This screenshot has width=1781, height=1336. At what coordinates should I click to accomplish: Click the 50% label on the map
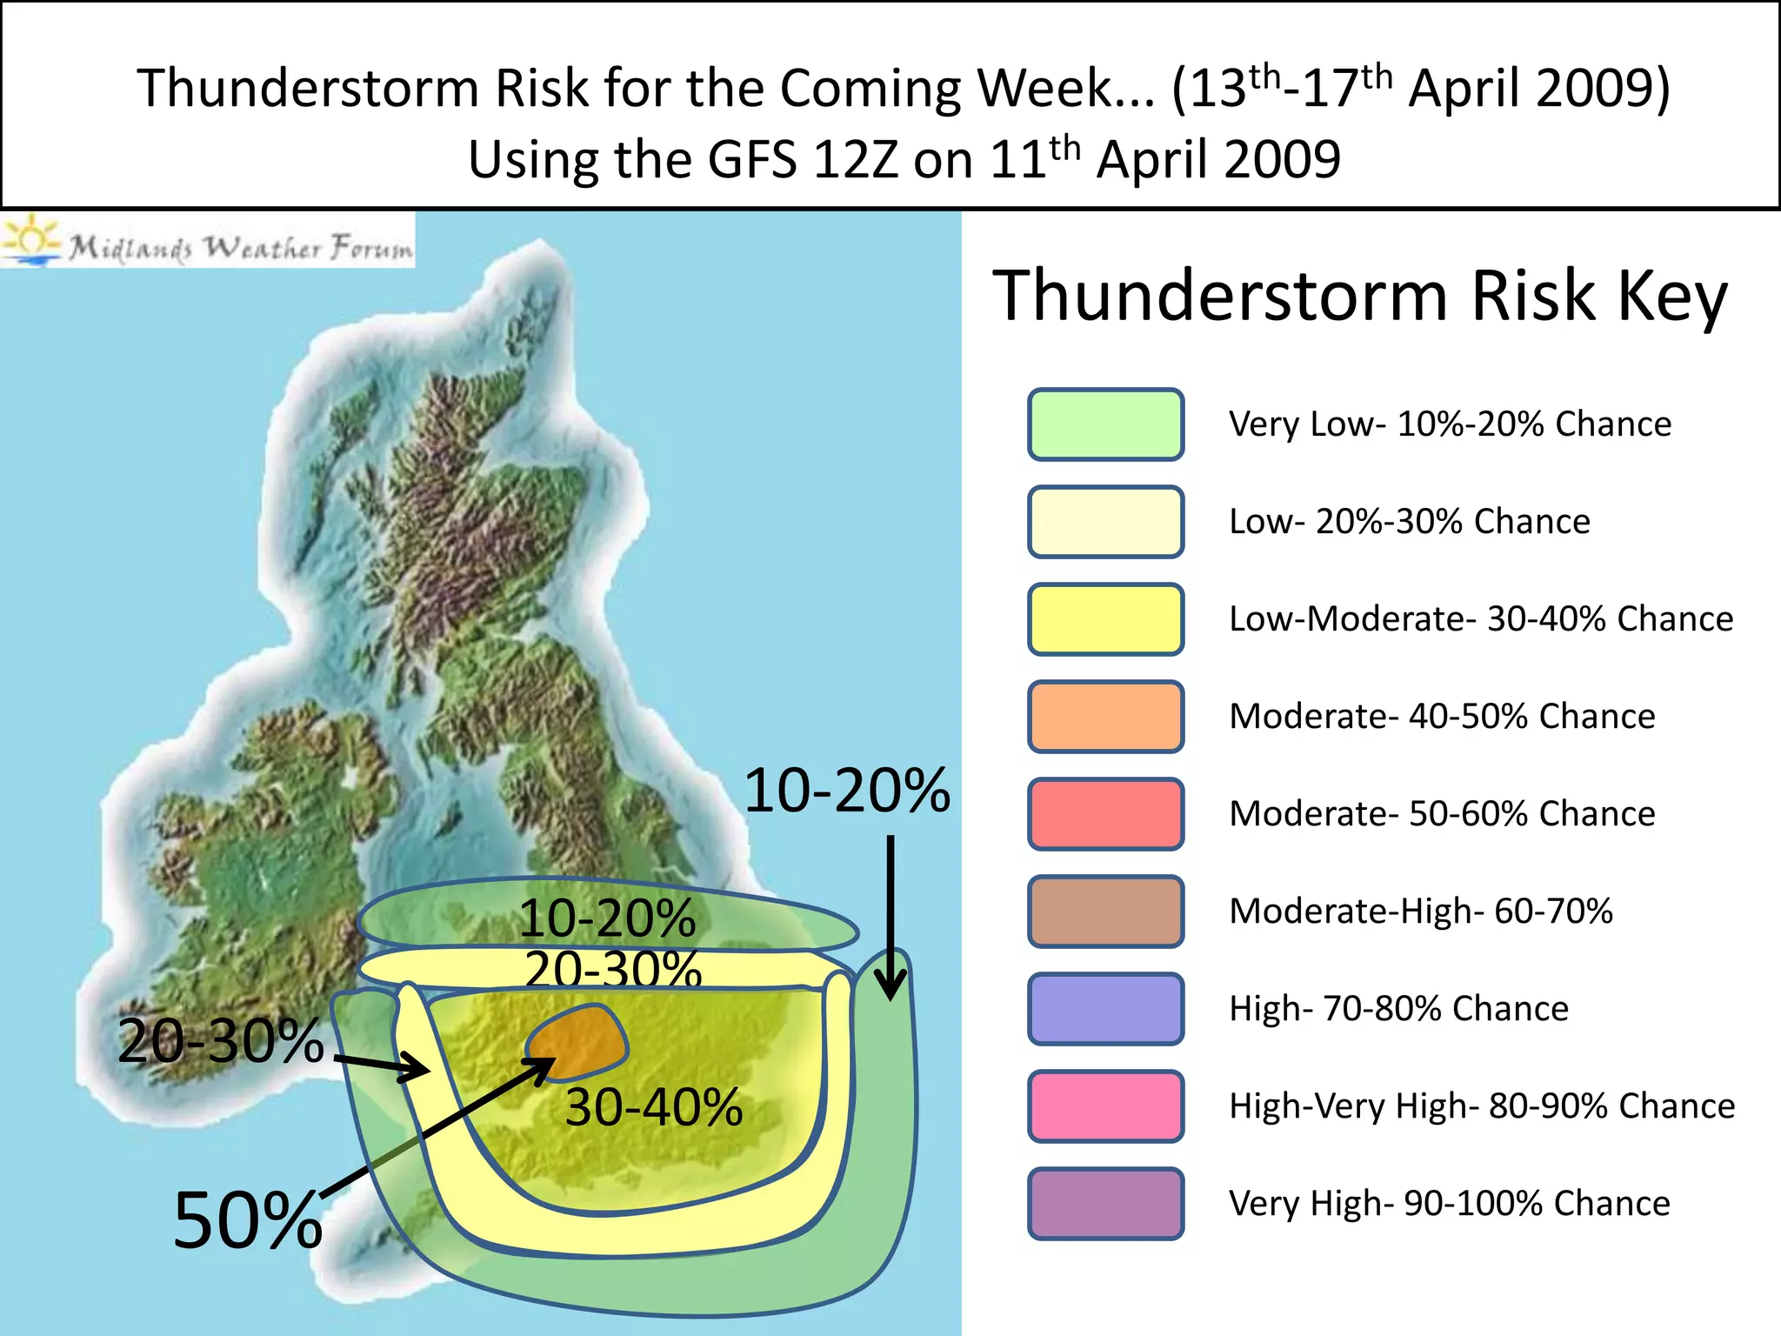[248, 1219]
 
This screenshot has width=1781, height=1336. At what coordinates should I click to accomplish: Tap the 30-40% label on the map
[654, 1107]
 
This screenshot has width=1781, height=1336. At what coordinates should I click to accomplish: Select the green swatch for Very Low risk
[1105, 424]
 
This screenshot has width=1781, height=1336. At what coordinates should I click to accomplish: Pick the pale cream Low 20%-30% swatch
[1105, 522]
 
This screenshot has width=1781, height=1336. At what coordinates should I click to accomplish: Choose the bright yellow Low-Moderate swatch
[1105, 619]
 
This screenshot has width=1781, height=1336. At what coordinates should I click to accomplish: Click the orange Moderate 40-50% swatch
[1105, 717]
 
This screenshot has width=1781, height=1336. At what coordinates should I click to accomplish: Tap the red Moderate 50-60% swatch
[1105, 814]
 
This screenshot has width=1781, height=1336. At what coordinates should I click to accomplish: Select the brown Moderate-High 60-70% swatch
[1105, 912]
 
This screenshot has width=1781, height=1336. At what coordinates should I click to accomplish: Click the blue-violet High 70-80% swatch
[1105, 1009]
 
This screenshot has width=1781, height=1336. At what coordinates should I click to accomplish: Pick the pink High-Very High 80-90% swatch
[1105, 1106]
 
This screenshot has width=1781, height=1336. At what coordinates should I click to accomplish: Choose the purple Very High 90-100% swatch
[1105, 1204]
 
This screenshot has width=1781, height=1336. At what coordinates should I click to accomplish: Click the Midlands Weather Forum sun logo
[31, 238]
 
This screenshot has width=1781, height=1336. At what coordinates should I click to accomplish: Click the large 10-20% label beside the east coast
[847, 791]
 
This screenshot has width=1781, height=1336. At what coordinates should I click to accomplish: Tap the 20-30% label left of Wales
[221, 1040]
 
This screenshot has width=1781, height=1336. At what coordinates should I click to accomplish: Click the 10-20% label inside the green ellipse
[607, 918]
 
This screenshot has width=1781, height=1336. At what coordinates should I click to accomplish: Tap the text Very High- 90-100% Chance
[1449, 1204]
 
